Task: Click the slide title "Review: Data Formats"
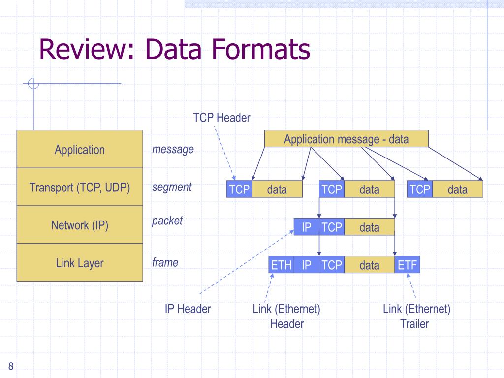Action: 174,50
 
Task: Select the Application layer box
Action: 80,150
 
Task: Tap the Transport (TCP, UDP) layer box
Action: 80,188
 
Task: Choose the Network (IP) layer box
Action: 80,225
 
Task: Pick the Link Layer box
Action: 80,263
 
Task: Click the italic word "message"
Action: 173,149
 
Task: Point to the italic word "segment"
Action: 172,187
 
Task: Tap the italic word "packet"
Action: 167,220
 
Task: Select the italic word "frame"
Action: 165,262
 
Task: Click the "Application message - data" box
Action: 346,139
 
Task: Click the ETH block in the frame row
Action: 282,265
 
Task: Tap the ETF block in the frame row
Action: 408,265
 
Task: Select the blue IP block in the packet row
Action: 307,227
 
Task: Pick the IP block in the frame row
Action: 307,265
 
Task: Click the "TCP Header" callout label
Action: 221,118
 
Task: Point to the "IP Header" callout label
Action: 188,309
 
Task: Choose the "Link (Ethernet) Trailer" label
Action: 416,316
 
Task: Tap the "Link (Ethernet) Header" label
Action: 286,316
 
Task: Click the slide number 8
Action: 11,365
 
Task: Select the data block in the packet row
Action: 369,227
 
